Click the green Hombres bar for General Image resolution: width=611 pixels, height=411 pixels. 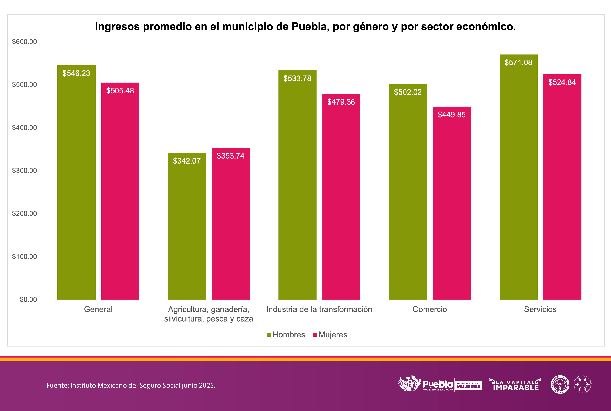click(76, 184)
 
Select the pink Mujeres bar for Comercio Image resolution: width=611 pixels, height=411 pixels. click(452, 204)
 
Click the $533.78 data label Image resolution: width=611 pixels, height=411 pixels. click(297, 78)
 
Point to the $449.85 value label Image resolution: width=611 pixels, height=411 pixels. click(452, 115)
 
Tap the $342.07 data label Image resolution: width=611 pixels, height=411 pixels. click(187, 161)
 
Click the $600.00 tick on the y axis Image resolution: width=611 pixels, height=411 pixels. click(25, 42)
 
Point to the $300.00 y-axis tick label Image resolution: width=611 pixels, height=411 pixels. click(25, 171)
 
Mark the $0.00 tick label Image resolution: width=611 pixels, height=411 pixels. click(28, 299)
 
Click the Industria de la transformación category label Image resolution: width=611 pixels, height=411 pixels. click(319, 309)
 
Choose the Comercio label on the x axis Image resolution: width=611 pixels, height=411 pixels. click(429, 309)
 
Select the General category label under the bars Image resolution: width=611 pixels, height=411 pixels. click(98, 309)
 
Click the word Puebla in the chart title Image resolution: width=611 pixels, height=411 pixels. click(310, 27)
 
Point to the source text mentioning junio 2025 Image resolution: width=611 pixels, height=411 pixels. click(131, 385)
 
